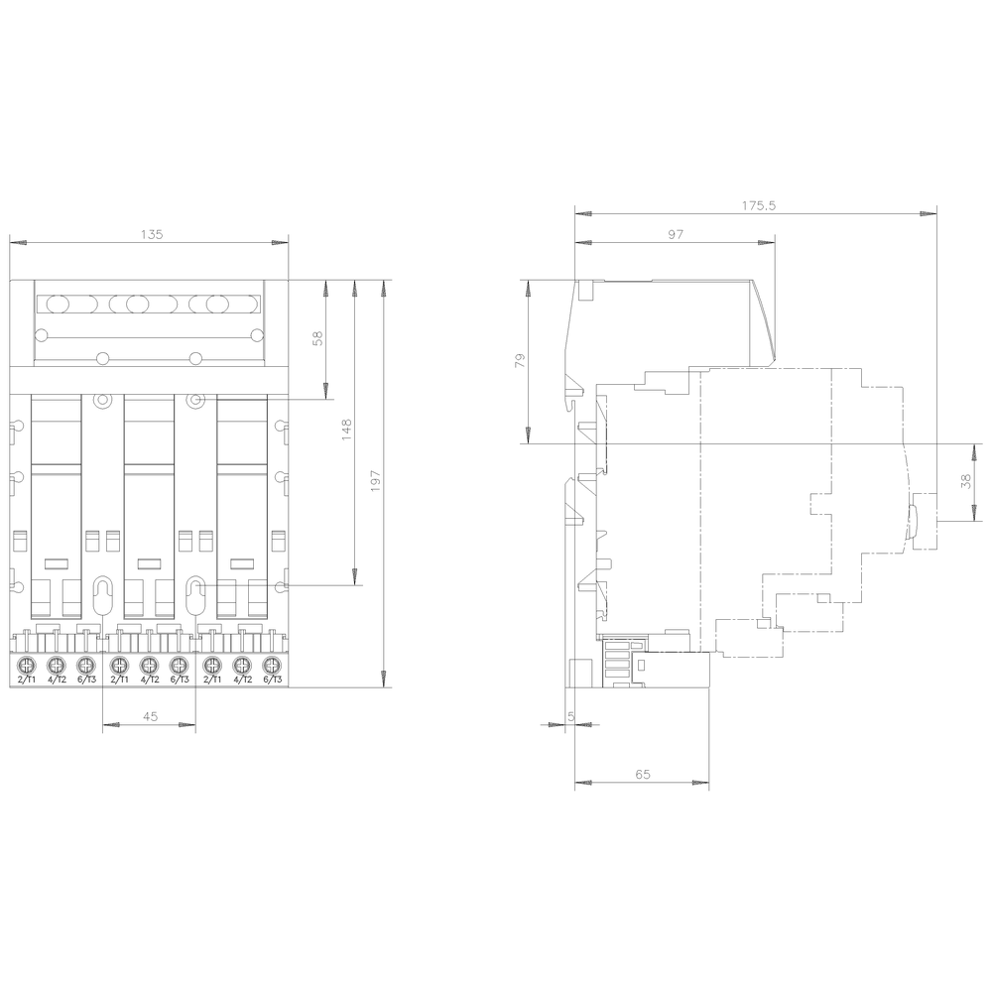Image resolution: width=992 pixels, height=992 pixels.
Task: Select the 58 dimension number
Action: point(317,337)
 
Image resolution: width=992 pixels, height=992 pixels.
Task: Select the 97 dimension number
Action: point(676,234)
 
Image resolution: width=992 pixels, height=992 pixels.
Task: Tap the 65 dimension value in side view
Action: point(642,775)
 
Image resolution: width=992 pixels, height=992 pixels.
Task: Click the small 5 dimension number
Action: point(570,716)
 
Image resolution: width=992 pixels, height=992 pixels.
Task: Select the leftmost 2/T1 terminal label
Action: point(27,680)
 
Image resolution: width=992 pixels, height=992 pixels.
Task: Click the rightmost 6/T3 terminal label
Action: point(272,680)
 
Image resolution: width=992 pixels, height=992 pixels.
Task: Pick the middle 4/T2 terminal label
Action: point(149,680)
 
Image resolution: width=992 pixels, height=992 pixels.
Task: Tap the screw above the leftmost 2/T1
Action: point(27,665)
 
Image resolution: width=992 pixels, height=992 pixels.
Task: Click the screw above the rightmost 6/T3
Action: point(271,665)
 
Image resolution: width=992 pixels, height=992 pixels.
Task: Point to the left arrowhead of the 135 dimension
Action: point(15,242)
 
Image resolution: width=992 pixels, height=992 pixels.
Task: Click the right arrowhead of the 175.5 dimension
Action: point(930,213)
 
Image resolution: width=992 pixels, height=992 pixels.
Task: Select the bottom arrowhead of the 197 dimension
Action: point(384,680)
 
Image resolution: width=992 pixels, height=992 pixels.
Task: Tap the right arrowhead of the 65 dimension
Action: point(702,784)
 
